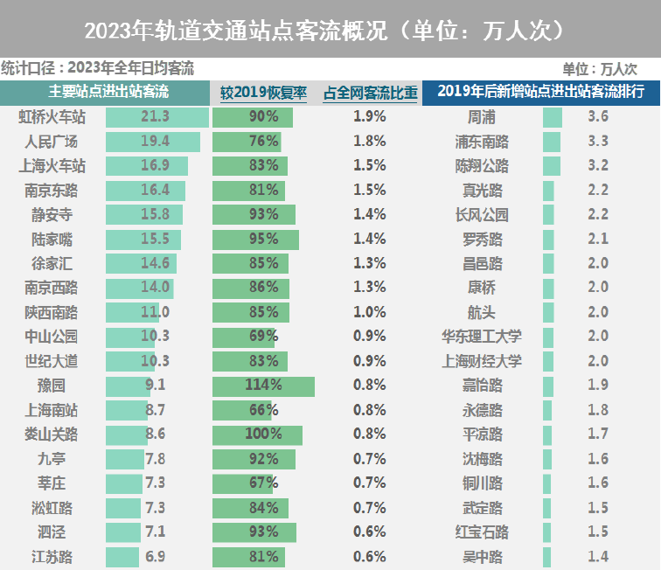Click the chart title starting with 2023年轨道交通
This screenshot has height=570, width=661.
click(x=330, y=30)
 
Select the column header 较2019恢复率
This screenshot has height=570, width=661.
click(x=263, y=92)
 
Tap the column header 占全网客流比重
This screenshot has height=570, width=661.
click(x=370, y=92)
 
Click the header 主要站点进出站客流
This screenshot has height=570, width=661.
click(x=108, y=92)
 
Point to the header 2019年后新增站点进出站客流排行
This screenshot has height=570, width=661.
click(x=540, y=92)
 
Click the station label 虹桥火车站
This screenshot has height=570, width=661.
click(x=52, y=116)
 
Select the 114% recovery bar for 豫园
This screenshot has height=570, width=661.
click(x=263, y=386)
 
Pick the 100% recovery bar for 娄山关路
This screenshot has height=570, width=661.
click(x=257, y=434)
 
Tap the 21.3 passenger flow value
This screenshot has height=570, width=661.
click(x=155, y=116)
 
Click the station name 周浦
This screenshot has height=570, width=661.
click(x=483, y=116)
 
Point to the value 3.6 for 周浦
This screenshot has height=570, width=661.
click(x=598, y=116)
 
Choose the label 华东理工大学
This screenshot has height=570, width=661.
click(x=483, y=337)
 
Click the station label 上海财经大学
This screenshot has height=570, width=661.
click(x=483, y=361)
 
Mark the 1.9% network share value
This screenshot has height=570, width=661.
click(x=370, y=116)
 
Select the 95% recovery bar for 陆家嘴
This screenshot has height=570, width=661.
click(x=255, y=239)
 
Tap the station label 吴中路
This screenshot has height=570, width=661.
click(x=483, y=557)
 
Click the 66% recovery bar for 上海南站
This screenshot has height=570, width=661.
click(x=242, y=410)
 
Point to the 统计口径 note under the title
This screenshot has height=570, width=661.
click(x=97, y=68)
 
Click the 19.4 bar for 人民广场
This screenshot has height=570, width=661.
click(x=153, y=141)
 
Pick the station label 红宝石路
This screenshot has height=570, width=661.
click(x=483, y=532)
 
